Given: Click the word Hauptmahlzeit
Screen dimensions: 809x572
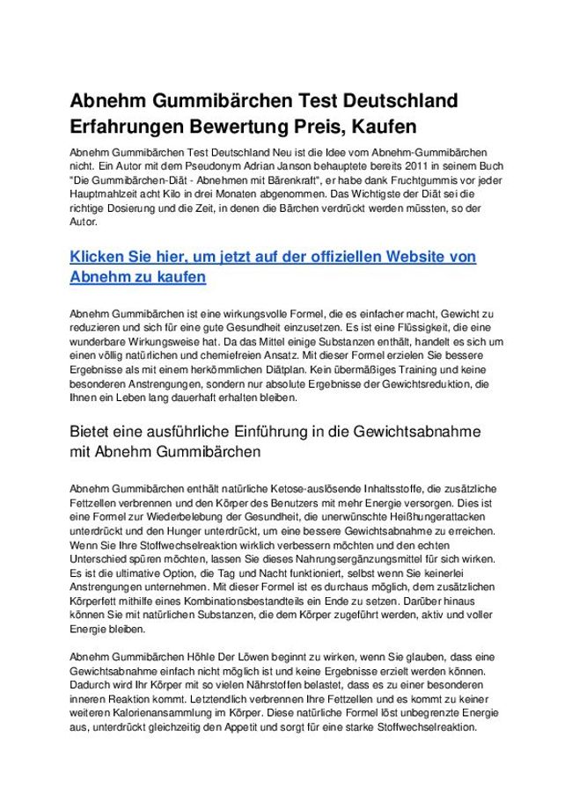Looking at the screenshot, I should click(x=104, y=195).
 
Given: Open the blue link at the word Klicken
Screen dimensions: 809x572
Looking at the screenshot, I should click(x=99, y=257).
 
